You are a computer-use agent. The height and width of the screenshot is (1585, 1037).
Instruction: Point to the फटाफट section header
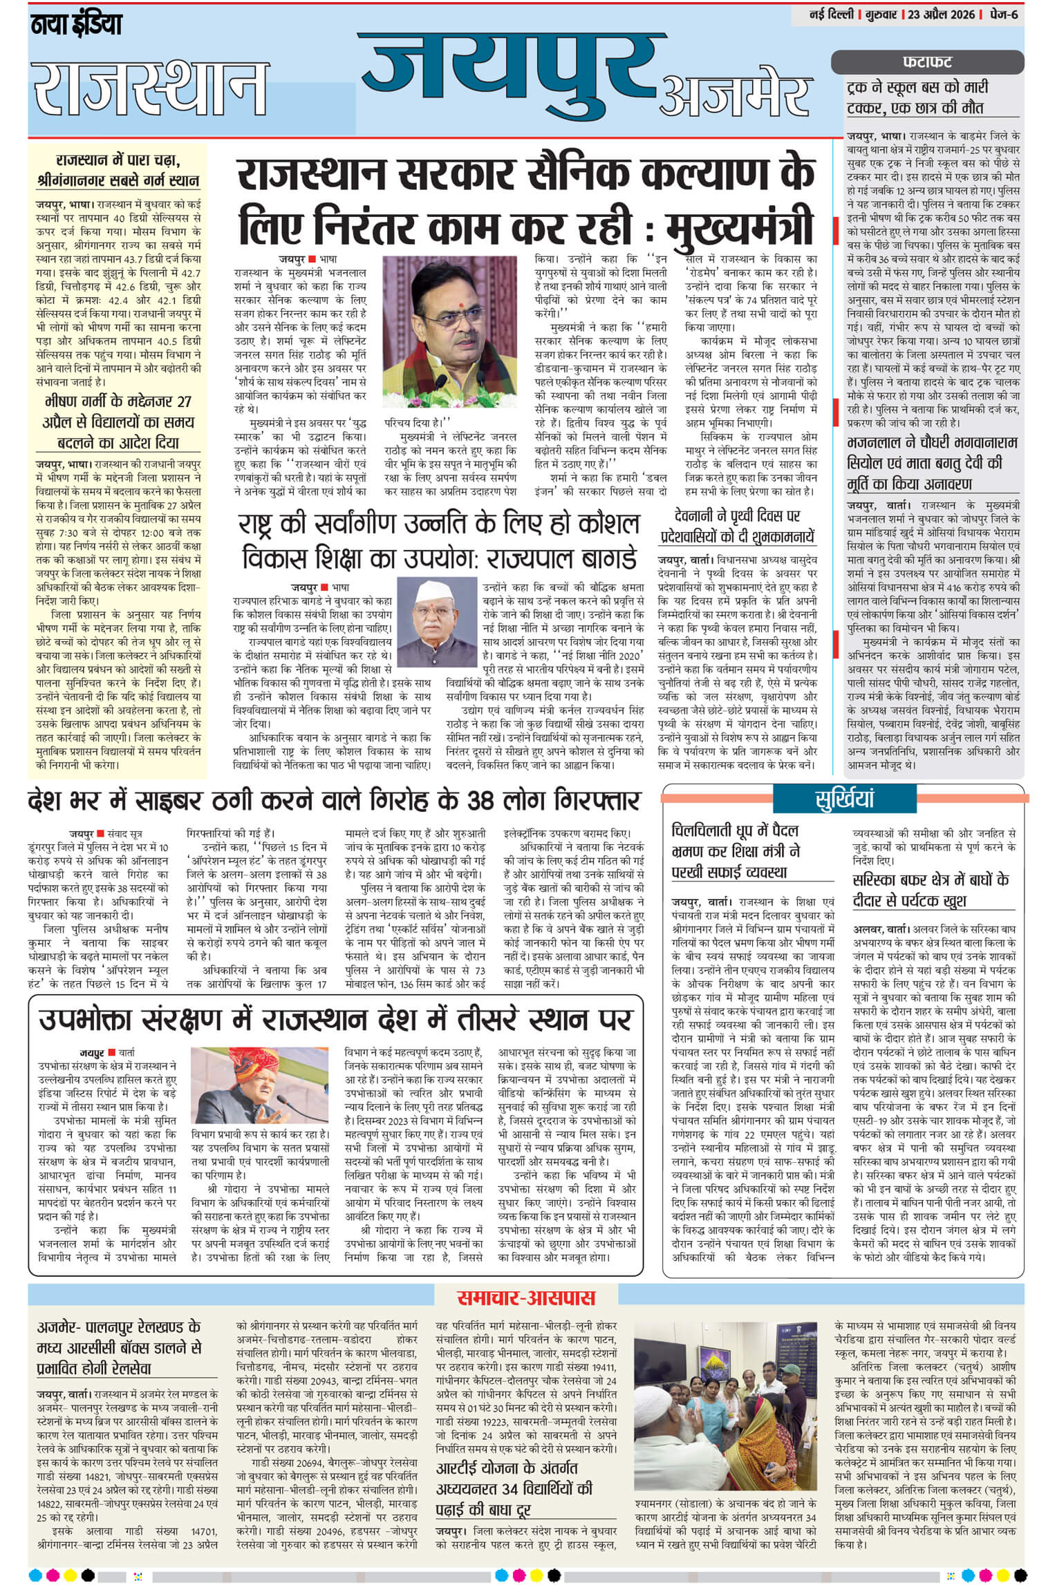tap(926, 62)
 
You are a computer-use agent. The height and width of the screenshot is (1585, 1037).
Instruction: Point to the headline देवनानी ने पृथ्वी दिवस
tap(736, 525)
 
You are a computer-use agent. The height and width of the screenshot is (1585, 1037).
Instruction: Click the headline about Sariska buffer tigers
tap(931, 889)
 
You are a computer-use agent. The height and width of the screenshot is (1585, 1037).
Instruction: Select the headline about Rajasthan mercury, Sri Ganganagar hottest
tap(118, 171)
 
